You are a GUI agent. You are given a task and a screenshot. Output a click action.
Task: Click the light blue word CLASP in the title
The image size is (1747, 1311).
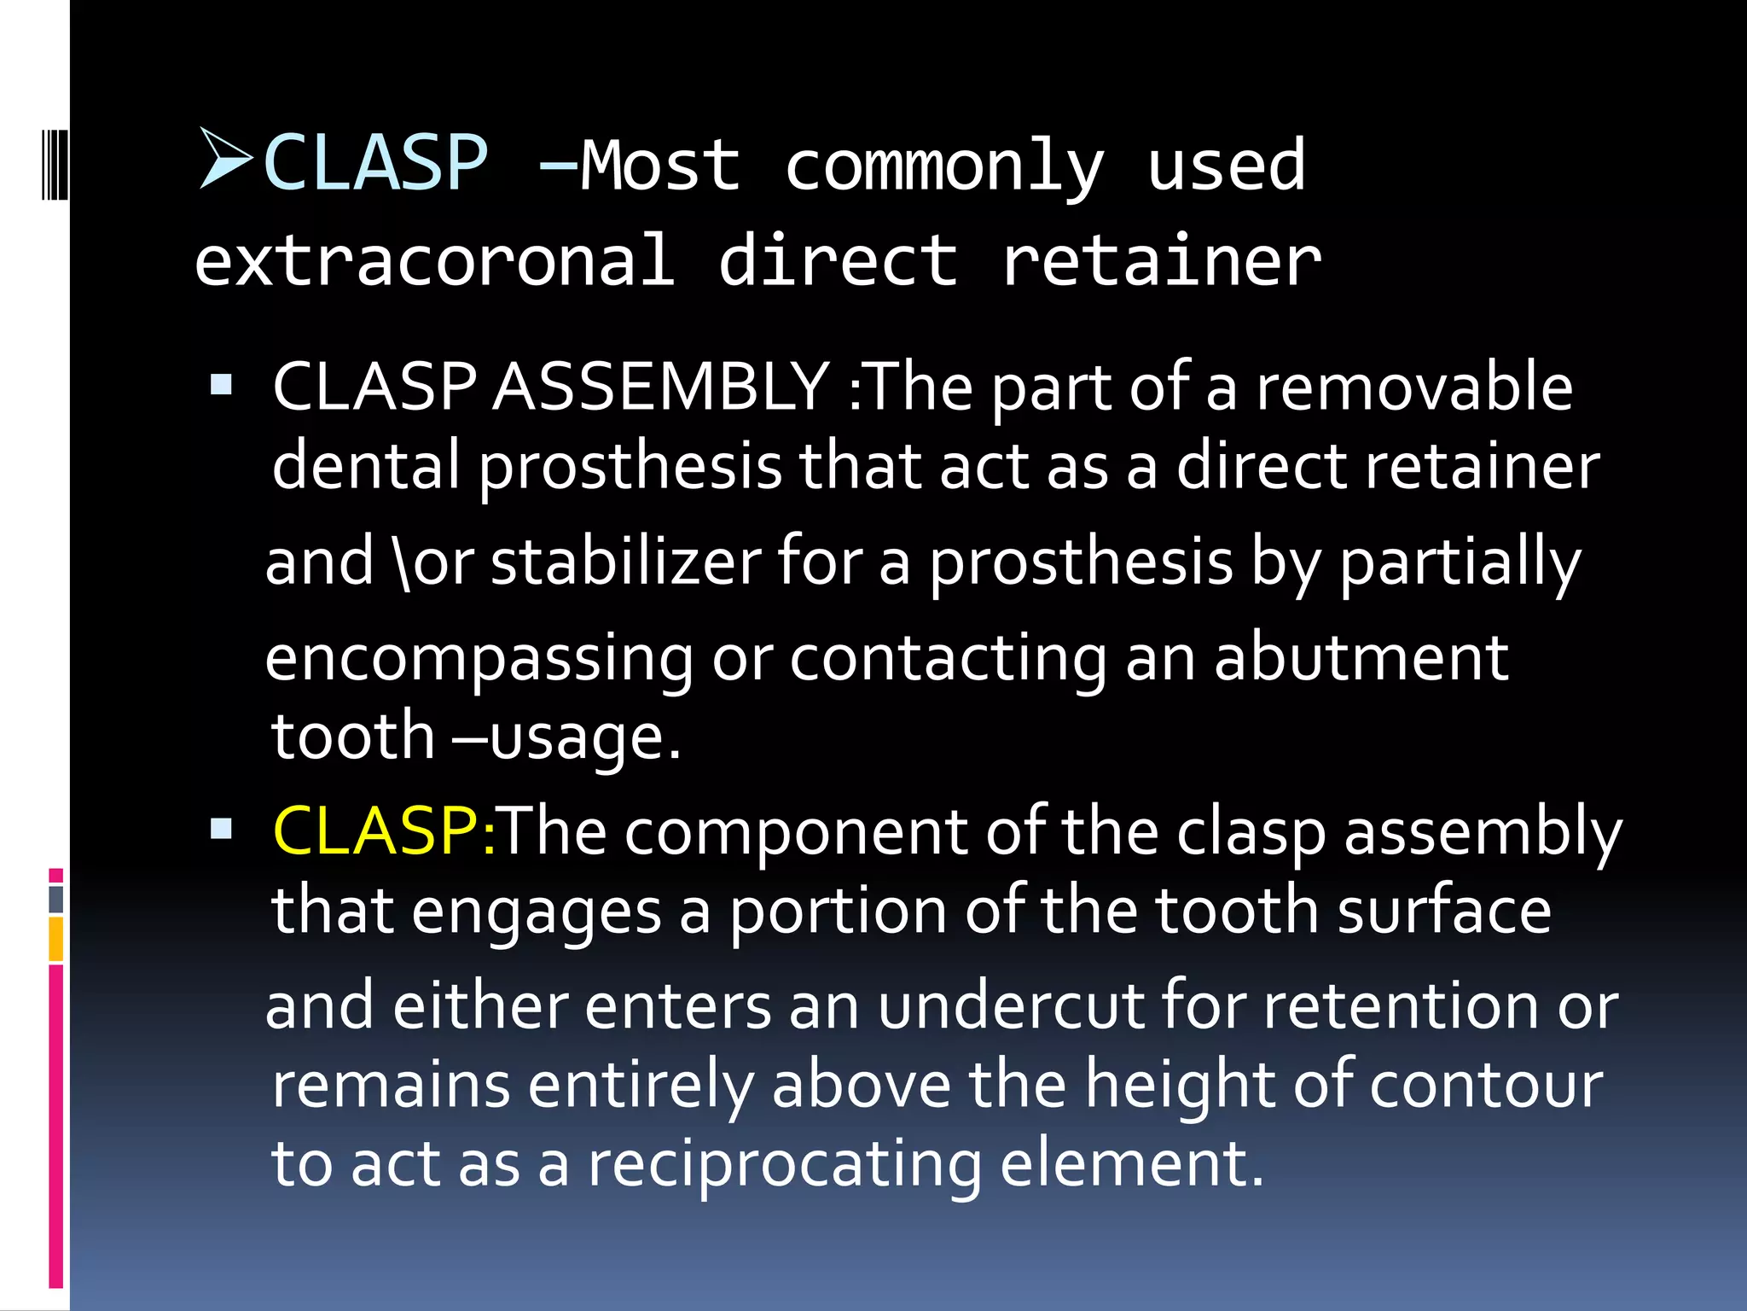pos(376,163)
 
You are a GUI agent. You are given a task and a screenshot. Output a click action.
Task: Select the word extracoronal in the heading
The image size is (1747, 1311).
pos(435,260)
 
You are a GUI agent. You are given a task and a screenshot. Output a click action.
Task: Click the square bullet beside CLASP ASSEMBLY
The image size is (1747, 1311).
pos(221,385)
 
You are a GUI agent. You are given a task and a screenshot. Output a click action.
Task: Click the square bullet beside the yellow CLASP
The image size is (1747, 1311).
pos(221,829)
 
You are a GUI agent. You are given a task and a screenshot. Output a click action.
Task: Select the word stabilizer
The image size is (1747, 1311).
pos(625,562)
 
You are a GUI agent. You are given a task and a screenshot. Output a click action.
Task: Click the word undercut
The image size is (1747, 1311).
pos(1010,1006)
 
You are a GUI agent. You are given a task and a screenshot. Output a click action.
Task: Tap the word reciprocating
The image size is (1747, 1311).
pos(785,1164)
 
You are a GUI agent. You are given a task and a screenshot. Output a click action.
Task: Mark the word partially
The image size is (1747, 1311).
pos(1460,564)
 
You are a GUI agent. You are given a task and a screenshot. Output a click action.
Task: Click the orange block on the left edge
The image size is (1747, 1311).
pos(56,939)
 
